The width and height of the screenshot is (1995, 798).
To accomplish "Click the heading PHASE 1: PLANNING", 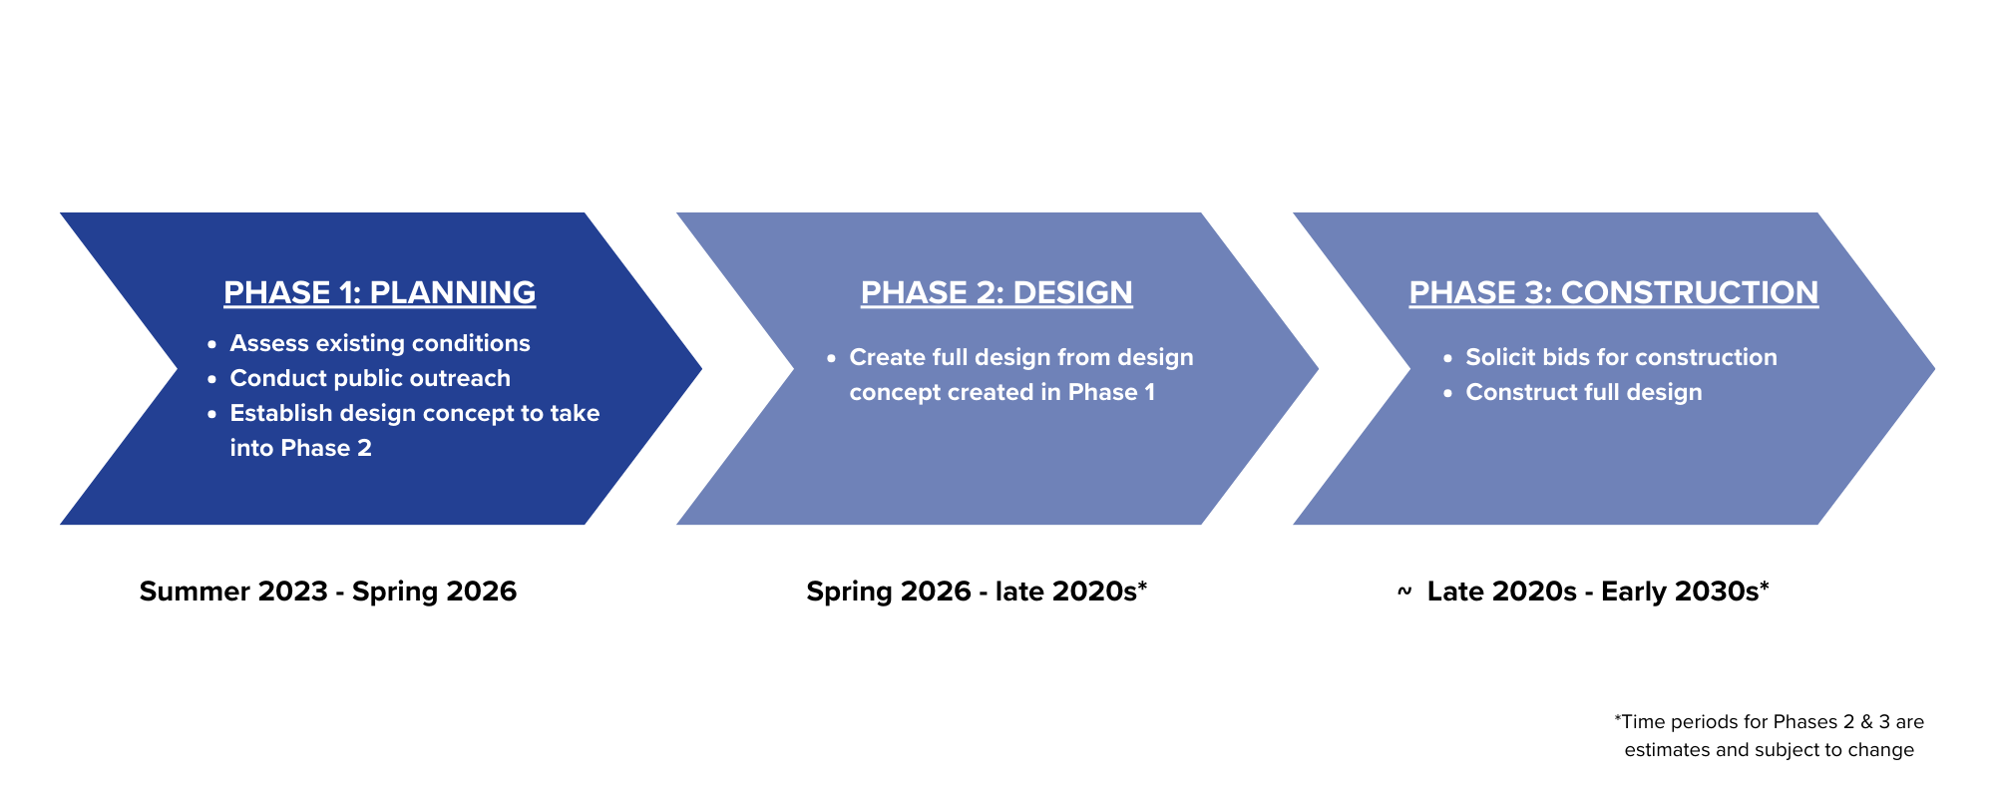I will (379, 292).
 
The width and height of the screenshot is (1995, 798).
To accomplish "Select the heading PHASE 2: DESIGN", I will (997, 292).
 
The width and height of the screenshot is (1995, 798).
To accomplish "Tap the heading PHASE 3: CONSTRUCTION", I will (1613, 292).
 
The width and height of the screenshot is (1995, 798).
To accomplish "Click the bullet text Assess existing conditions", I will (380, 343).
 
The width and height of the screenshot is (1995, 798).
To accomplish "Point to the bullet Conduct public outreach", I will (370, 378).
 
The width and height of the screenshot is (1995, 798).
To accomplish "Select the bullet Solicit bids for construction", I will (1621, 357).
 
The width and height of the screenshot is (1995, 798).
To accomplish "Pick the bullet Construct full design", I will (1583, 392).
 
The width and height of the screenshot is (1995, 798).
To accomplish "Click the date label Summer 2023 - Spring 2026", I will (328, 592).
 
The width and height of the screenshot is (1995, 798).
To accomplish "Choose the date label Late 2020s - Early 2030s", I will (1592, 592).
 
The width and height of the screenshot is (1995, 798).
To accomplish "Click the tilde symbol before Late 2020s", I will (1403, 592).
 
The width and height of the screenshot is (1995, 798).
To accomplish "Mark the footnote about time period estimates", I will (1769, 735).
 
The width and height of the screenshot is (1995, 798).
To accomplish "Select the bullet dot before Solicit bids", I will (1447, 358).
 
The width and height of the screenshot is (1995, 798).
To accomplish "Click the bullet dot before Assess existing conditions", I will (211, 344).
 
